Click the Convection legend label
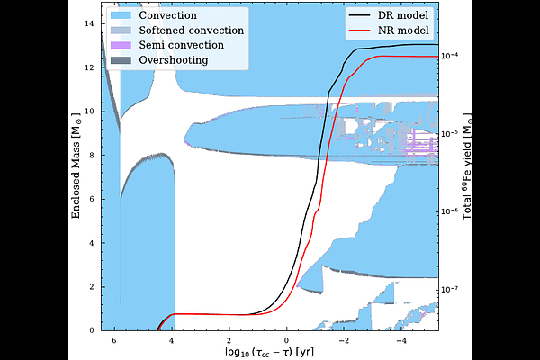click(167, 15)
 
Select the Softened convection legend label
click(192, 31)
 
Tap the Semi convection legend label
click(182, 45)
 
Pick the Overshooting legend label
click(174, 60)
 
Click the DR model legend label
click(403, 15)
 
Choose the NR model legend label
click(403, 31)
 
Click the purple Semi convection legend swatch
click(121, 45)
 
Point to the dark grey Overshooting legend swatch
click(121, 60)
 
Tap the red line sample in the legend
click(359, 31)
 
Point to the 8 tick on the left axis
click(92, 156)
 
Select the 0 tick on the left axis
click(92, 330)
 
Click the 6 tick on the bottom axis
click(114, 341)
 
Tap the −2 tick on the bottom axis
click(344, 341)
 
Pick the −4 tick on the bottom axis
click(401, 341)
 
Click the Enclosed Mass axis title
click(76, 166)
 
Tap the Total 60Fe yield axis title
click(467, 166)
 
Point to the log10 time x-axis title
click(270, 352)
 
